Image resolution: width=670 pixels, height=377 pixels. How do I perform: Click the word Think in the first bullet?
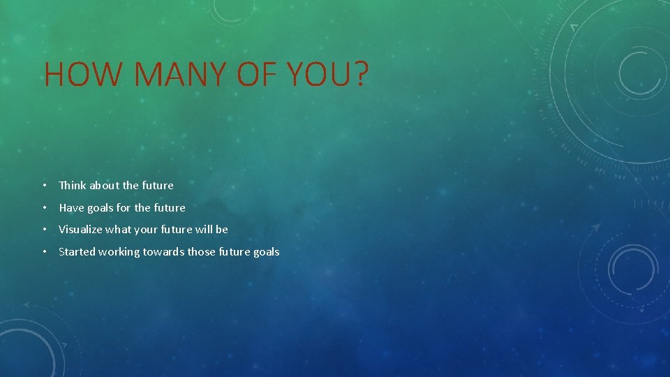[x=73, y=186]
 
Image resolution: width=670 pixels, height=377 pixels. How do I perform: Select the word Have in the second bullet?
[x=71, y=207]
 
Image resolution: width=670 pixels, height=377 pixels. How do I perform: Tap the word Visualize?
[x=80, y=229]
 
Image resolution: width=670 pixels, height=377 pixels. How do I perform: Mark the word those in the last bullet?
[x=202, y=251]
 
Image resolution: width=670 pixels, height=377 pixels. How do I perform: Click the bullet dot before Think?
[x=44, y=186]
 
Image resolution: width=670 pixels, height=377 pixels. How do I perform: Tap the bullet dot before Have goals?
[x=44, y=207]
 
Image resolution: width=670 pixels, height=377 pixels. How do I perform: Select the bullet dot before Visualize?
[x=44, y=229]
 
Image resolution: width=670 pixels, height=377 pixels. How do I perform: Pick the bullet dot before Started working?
[x=44, y=251]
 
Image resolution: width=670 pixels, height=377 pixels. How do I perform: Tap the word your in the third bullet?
[x=145, y=230]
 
